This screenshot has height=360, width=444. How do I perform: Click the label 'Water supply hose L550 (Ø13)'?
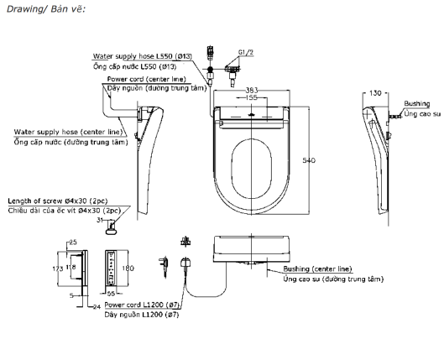144,56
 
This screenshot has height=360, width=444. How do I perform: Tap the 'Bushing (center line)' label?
315,269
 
